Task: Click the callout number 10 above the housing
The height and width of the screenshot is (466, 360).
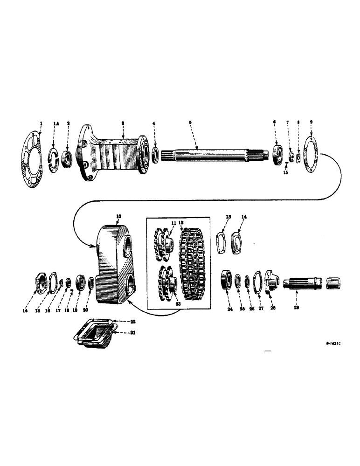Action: click(118, 217)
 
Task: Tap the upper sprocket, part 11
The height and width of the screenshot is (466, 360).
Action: click(163, 245)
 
